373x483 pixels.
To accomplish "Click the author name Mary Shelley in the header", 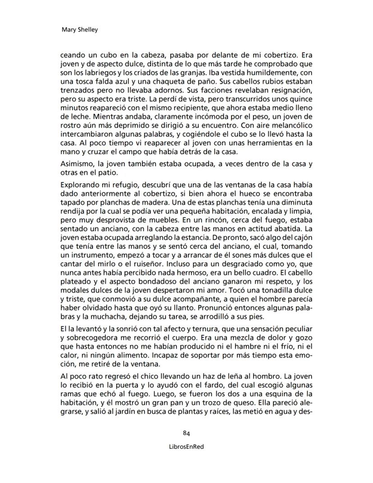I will (x=79, y=30).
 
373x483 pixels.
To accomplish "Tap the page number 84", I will (x=186, y=433).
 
